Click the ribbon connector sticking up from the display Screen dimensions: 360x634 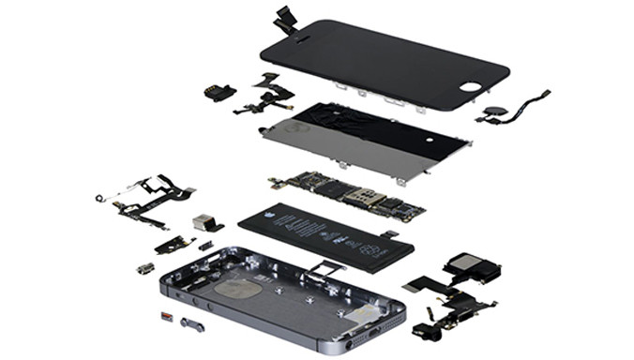pyautogui.click(x=284, y=16)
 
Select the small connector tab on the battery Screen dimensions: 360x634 pyautogui.click(x=390, y=233)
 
